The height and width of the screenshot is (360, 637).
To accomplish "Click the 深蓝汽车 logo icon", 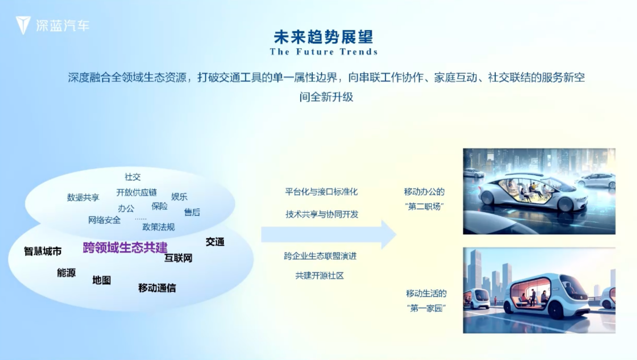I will (x=23, y=25).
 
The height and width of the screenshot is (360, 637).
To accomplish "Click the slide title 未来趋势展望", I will (x=323, y=37).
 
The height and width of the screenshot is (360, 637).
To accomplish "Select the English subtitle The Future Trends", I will (x=323, y=52).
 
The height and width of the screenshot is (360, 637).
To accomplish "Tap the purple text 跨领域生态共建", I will (x=125, y=247).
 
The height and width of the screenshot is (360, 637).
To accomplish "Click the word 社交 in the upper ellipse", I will (x=133, y=177).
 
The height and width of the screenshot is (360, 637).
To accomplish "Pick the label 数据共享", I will (x=83, y=197).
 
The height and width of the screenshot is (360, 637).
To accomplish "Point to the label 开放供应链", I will (x=137, y=193).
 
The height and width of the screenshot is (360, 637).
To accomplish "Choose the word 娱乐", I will (x=179, y=197).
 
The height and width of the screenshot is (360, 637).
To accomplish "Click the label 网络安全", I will (x=105, y=220).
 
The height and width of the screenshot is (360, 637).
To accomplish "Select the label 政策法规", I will (x=159, y=227).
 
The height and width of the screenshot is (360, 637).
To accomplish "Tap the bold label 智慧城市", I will (x=43, y=251).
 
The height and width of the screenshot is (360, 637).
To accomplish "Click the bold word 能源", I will (x=66, y=273).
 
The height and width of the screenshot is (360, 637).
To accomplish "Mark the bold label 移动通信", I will (x=157, y=288).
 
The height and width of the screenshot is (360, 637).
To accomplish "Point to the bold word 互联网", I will (x=178, y=258).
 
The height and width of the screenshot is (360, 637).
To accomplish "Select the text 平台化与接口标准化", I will (x=321, y=192).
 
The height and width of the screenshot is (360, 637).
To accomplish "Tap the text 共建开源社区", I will (x=320, y=276).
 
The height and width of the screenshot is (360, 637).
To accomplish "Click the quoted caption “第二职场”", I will (x=425, y=207).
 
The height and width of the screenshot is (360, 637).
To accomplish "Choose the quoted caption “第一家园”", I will (x=426, y=308).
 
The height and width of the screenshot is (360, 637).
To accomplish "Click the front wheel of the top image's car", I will (x=565, y=204).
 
